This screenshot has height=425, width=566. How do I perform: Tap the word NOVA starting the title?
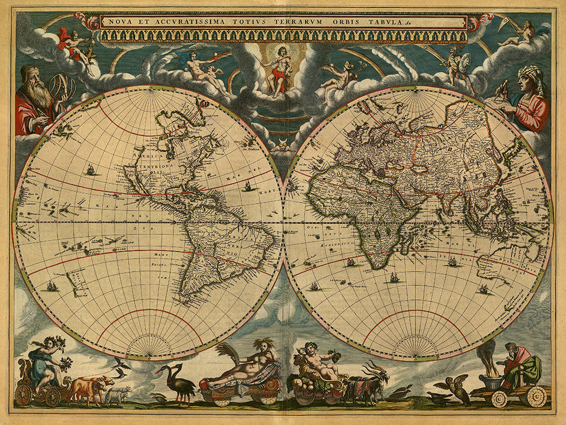[121, 22]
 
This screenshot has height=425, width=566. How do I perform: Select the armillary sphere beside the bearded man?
[62, 87]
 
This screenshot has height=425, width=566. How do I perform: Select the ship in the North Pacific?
[90, 169]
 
